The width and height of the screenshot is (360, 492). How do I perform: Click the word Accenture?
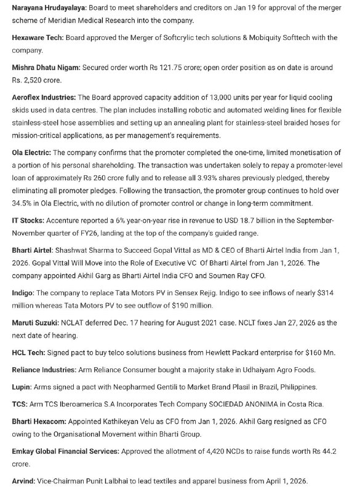[75, 220]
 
